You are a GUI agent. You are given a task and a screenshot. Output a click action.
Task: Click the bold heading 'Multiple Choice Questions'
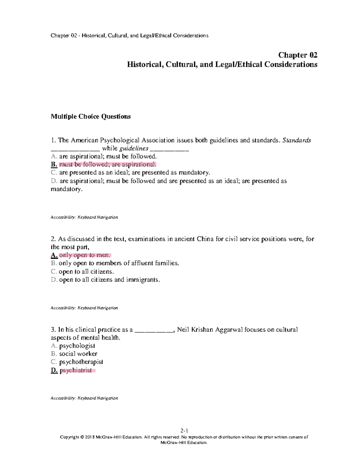91,116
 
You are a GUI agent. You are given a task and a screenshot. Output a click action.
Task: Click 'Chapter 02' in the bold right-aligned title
298,55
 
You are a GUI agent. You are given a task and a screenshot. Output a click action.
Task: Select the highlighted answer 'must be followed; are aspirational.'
108,164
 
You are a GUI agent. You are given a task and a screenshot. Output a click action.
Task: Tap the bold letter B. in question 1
54,164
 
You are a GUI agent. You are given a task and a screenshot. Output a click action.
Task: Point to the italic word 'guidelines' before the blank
134,149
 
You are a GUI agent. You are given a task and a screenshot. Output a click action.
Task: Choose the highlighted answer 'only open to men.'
85,255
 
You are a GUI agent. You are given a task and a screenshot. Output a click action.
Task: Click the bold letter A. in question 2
54,255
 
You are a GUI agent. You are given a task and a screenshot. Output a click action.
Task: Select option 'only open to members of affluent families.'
119,263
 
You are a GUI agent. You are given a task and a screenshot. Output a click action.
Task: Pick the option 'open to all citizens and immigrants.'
109,280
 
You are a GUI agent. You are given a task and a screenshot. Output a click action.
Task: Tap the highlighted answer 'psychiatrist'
76,370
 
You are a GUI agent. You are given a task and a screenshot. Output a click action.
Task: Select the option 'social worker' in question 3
78,354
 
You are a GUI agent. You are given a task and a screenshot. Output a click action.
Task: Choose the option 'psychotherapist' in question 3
81,362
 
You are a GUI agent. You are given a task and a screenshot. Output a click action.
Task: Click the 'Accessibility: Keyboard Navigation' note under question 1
84,217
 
